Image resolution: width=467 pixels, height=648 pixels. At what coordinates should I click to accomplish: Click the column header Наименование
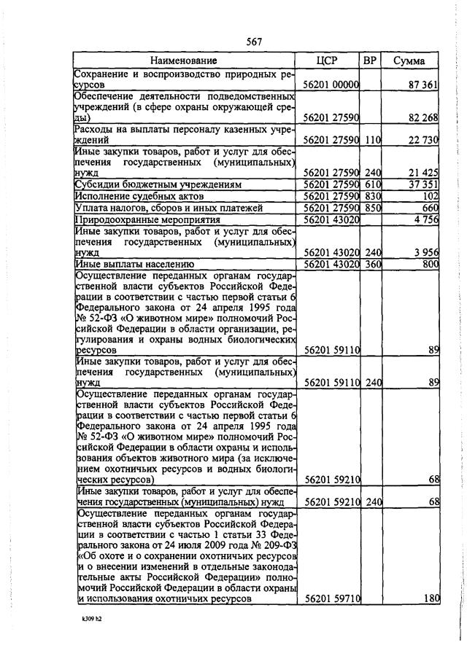pos(184,60)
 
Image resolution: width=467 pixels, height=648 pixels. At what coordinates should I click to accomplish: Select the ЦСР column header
pos(328,60)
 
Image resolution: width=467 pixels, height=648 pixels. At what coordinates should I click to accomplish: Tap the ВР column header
pos(370,60)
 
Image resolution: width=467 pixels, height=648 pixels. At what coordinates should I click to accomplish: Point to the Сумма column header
pos(409,60)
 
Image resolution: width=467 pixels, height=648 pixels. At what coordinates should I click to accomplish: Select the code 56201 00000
pos(331,85)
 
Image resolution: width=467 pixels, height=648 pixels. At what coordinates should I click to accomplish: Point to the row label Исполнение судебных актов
pos(139,196)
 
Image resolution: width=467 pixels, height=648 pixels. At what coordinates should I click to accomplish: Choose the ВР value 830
pos(374,196)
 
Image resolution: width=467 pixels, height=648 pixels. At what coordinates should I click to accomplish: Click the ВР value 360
pos(374,264)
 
